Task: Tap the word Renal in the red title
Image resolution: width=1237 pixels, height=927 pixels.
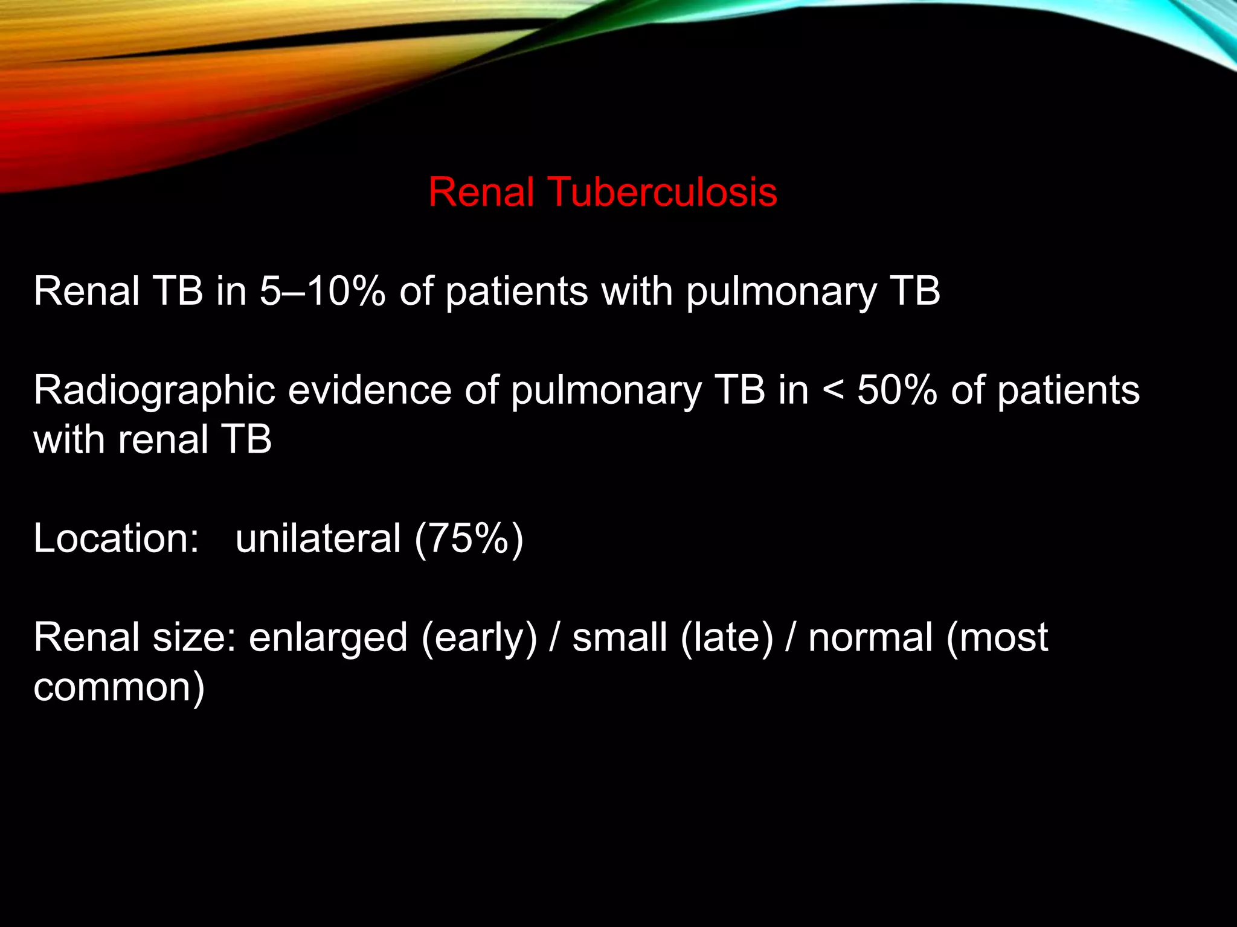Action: [x=481, y=193]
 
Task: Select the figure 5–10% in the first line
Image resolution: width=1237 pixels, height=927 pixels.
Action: [x=323, y=291]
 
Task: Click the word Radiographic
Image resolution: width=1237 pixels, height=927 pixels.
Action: [x=154, y=390]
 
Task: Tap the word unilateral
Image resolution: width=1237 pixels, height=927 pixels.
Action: [x=318, y=538]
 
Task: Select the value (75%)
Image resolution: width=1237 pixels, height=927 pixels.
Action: [x=469, y=538]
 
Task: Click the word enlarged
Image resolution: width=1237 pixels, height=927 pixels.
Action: [x=328, y=639]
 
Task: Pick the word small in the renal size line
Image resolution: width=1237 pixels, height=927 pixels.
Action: [x=620, y=637]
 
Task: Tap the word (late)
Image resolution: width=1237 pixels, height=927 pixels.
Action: [x=727, y=639]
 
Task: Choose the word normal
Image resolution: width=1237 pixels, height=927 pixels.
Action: [x=870, y=637]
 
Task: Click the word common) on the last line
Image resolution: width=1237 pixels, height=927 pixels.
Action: [x=119, y=688]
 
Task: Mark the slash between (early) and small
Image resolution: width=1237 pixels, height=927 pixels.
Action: [x=554, y=639]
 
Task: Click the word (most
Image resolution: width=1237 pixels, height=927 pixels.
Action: [x=997, y=639]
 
